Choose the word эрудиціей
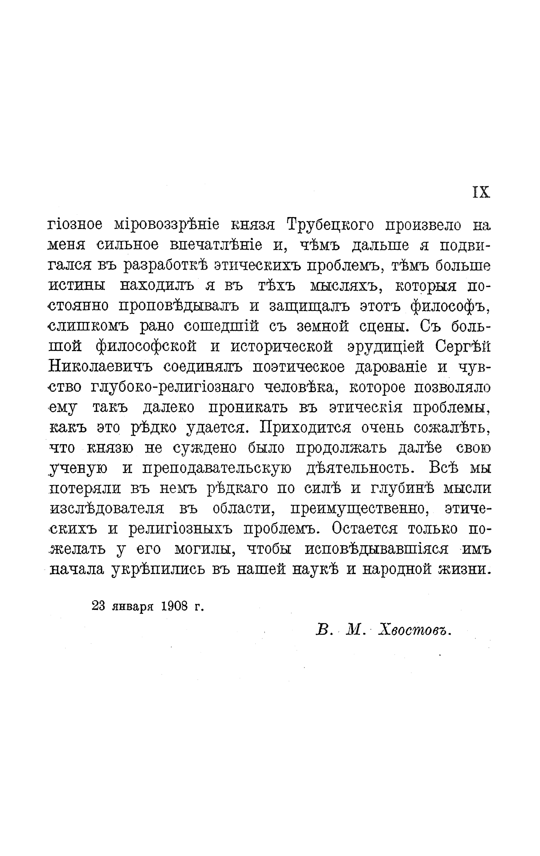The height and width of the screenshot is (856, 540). [x=386, y=347]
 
